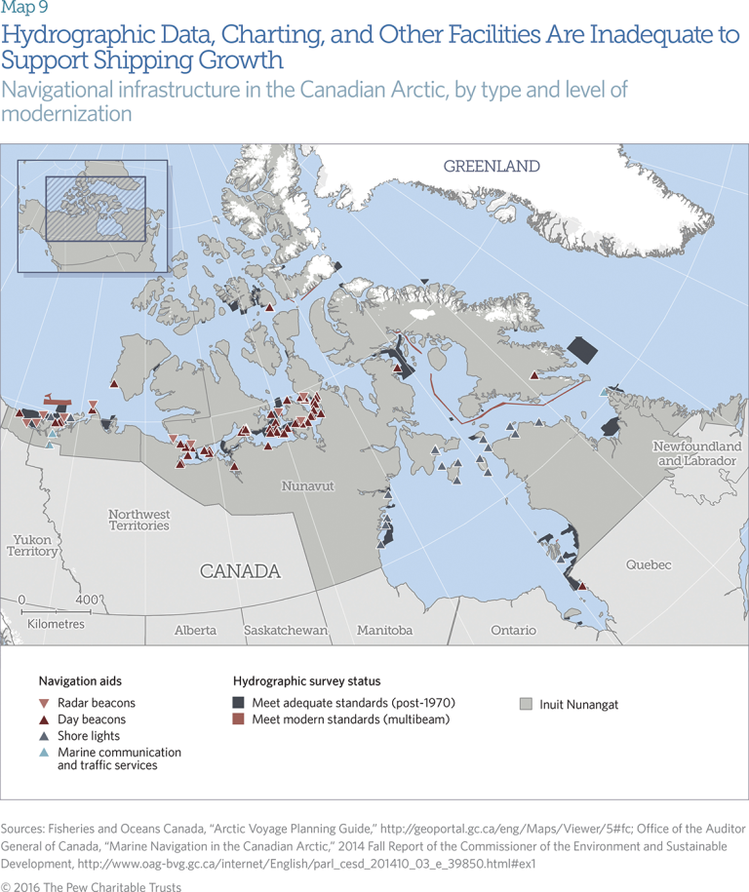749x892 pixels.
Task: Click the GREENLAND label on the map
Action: [x=492, y=167]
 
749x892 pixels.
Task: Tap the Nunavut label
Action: [x=307, y=485]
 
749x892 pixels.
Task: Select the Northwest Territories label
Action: [x=138, y=520]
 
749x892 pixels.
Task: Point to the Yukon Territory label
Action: [x=34, y=545]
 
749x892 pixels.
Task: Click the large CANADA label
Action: [x=240, y=571]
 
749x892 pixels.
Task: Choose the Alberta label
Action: [x=195, y=631]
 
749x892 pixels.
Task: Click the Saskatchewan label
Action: [x=286, y=631]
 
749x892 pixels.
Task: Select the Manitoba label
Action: [x=384, y=631]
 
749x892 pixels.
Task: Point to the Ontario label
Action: [x=513, y=631]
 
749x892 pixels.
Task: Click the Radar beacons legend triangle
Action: [x=44, y=703]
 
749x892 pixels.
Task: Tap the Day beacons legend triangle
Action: [x=44, y=719]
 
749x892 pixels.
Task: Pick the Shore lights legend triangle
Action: [x=44, y=736]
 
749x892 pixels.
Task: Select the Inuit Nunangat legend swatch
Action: [x=526, y=704]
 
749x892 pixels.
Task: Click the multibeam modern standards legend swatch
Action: [x=238, y=719]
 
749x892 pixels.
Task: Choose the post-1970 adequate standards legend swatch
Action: [x=238, y=703]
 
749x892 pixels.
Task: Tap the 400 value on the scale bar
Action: [x=87, y=599]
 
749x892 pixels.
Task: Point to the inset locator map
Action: [x=83, y=212]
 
